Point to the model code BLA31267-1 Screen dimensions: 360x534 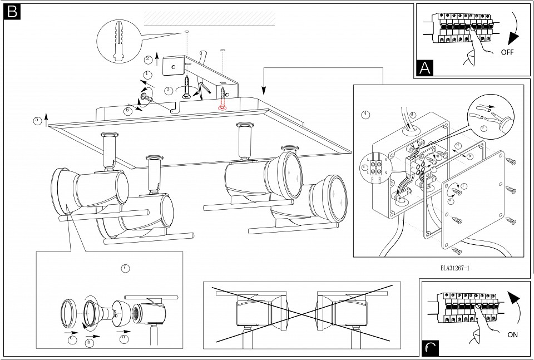point(455,268)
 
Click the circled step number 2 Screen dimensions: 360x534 point(148,59)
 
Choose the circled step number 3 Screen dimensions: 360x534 point(169,90)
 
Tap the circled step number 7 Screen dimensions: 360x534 point(126,268)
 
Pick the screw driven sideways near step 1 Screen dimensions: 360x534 point(146,97)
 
